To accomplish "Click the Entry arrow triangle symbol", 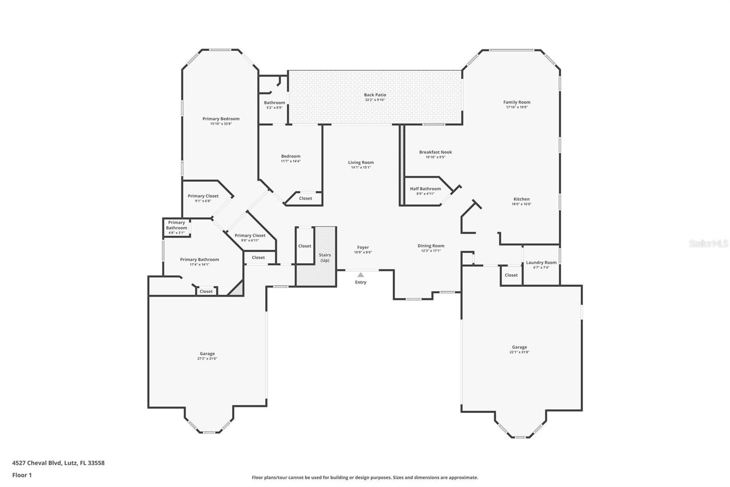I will point(360,275).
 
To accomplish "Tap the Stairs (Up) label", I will point(325,258).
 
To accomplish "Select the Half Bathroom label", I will point(425,189).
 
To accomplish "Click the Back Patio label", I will point(375,95).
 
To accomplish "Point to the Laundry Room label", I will point(541,263).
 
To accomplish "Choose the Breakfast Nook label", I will point(435,152).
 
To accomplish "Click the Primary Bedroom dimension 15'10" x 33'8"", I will point(221,124).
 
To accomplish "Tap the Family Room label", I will point(516,102).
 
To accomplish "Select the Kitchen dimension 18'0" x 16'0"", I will point(521,204).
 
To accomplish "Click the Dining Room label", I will point(431,246).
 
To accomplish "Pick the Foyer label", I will point(363,248).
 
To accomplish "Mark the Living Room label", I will point(361,162).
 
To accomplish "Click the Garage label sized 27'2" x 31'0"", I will point(207,354).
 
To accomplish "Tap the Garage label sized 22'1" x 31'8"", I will point(519,347).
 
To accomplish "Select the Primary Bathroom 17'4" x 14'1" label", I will point(199,259).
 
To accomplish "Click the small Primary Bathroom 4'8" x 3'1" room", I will point(177,227).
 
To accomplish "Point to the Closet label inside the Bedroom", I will point(305,198).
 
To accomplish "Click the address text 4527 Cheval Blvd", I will point(58,463).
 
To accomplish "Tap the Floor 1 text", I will point(22,475).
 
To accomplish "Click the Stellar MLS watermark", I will point(708,243).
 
